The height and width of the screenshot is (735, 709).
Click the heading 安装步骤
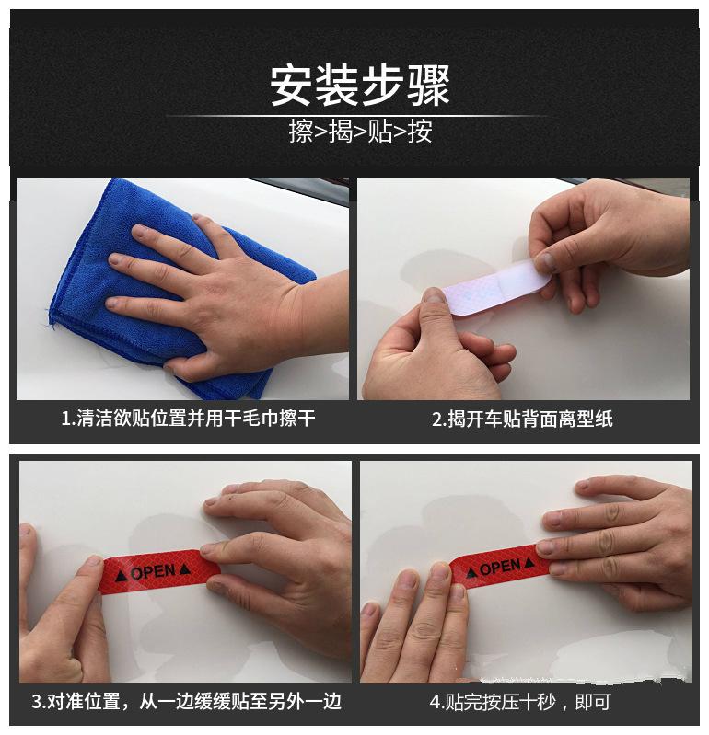tap(360, 86)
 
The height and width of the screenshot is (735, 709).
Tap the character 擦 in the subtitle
tap(301, 132)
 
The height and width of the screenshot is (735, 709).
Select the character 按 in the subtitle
tap(420, 132)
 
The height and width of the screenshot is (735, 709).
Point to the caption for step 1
tap(188, 419)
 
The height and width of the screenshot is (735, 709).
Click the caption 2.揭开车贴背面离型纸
tap(522, 419)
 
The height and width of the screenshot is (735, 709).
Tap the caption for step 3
tap(186, 702)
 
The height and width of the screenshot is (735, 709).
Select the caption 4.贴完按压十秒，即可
tap(520, 702)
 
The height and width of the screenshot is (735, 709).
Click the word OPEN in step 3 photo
tap(154, 572)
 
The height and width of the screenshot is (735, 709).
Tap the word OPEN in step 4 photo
tap(500, 568)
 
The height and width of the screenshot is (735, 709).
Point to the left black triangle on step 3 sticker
tap(121, 576)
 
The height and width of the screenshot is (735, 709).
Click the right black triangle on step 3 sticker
tap(185, 568)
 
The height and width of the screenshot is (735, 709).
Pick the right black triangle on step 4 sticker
tap(529, 562)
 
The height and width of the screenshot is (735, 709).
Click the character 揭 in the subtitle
tap(341, 132)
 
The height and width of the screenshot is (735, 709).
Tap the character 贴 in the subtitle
tap(380, 132)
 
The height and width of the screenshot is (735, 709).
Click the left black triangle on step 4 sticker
tap(471, 572)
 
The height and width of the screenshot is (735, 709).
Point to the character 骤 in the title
tap(428, 86)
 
